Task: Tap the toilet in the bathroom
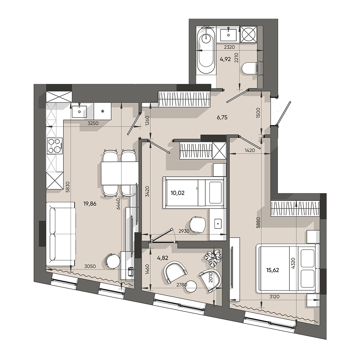(250, 69)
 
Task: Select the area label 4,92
(225, 60)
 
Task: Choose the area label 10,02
(178, 192)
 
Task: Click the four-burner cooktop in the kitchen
(54, 146)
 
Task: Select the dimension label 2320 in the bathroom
(230, 48)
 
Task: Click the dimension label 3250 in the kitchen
(93, 123)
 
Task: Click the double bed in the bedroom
(287, 268)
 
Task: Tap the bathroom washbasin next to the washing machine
(229, 34)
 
